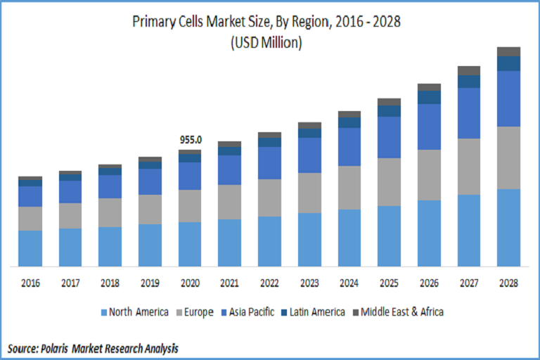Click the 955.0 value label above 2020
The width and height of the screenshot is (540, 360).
tap(191, 140)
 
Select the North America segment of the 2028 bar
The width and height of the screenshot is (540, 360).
tap(508, 228)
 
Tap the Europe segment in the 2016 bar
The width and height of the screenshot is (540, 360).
tap(30, 218)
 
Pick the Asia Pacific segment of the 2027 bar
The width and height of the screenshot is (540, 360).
tap(468, 112)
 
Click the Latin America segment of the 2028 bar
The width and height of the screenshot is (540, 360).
tap(508, 63)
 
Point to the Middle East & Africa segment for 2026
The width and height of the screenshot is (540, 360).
tap(429, 87)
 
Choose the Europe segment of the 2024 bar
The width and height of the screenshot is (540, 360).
tap(349, 188)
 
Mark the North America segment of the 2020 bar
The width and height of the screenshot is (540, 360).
tap(190, 244)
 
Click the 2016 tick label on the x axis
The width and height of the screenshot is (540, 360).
tap(30, 283)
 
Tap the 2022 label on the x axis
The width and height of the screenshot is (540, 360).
tap(269, 283)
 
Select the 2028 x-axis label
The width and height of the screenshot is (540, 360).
tap(508, 283)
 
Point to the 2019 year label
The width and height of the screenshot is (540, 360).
tap(150, 283)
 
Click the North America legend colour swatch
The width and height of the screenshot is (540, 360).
tap(104, 311)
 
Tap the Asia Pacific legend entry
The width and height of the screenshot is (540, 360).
tap(254, 311)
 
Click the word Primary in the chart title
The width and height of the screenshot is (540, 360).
tap(154, 22)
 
